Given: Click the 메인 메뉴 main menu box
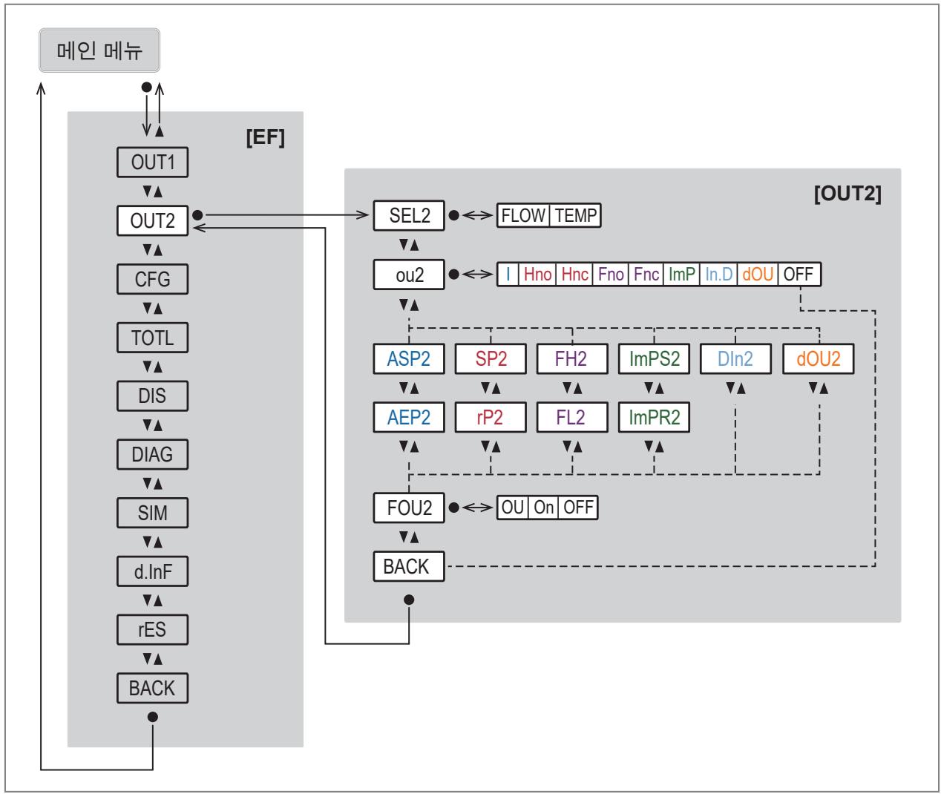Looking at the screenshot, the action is (x=99, y=50).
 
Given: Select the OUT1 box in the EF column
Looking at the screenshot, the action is (x=152, y=163).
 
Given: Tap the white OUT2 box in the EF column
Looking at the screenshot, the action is (x=152, y=221).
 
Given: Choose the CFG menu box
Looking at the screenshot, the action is (x=152, y=279).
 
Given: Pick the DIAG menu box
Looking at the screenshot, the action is (x=152, y=454).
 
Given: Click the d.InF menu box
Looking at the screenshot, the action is (x=152, y=571).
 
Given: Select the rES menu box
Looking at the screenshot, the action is (x=152, y=629).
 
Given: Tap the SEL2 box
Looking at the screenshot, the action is (x=409, y=215).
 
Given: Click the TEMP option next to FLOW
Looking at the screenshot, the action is (x=575, y=215).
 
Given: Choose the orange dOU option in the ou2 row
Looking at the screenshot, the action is (x=758, y=274).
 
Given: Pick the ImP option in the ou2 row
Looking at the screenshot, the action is (x=681, y=274).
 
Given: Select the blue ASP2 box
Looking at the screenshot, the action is (x=409, y=358).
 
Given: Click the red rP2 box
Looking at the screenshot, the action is (x=491, y=417).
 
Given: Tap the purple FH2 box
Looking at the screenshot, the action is (x=572, y=358).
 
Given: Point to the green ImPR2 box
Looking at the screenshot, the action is (x=654, y=417).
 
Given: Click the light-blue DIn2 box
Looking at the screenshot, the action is (x=735, y=358).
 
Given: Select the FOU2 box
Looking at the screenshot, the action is (x=409, y=508).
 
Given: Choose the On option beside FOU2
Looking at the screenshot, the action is (x=543, y=508).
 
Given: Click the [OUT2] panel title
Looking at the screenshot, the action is (x=847, y=194).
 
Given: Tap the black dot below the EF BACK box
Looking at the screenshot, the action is (x=153, y=717).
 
